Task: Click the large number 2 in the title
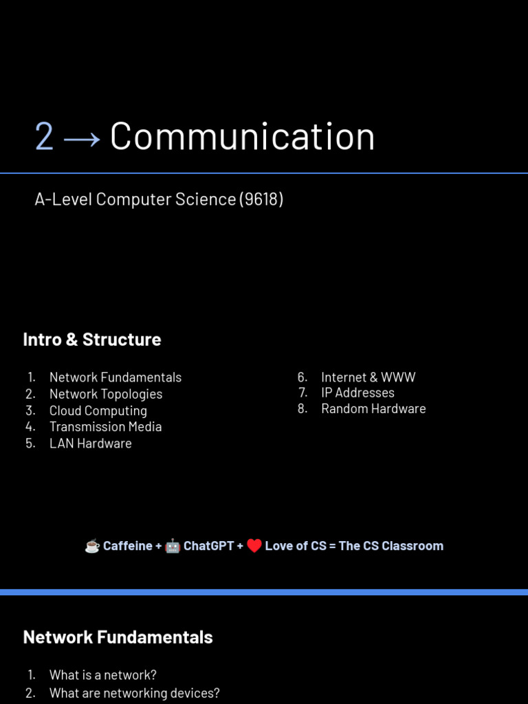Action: [x=44, y=137]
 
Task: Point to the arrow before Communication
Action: [x=82, y=138]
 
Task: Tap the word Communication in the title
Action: [x=242, y=136]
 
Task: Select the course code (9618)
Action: [x=261, y=199]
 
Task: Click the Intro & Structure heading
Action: [x=92, y=340]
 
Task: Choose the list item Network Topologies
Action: [x=106, y=394]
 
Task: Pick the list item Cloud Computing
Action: [x=98, y=410]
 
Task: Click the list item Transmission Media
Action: [x=105, y=427]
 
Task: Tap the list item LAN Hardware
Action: [x=90, y=443]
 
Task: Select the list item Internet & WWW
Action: [x=368, y=377]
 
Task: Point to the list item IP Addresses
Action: [x=357, y=393]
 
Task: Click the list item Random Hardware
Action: [x=373, y=408]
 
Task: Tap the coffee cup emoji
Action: [x=92, y=546]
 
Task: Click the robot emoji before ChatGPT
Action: [x=173, y=546]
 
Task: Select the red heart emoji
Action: [x=254, y=546]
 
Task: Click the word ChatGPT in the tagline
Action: [x=208, y=546]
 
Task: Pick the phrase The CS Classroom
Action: [x=390, y=546]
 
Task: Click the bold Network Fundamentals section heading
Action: [x=118, y=637]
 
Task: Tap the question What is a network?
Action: [x=103, y=675]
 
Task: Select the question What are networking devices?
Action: [x=134, y=693]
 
